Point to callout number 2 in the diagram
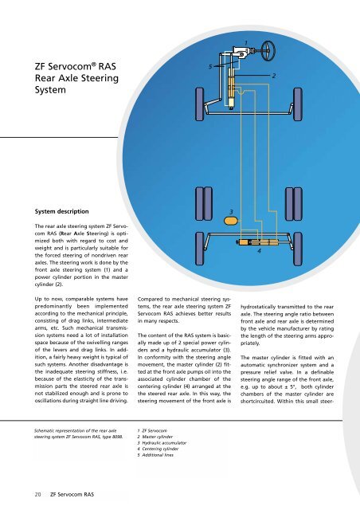pos(273,75)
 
